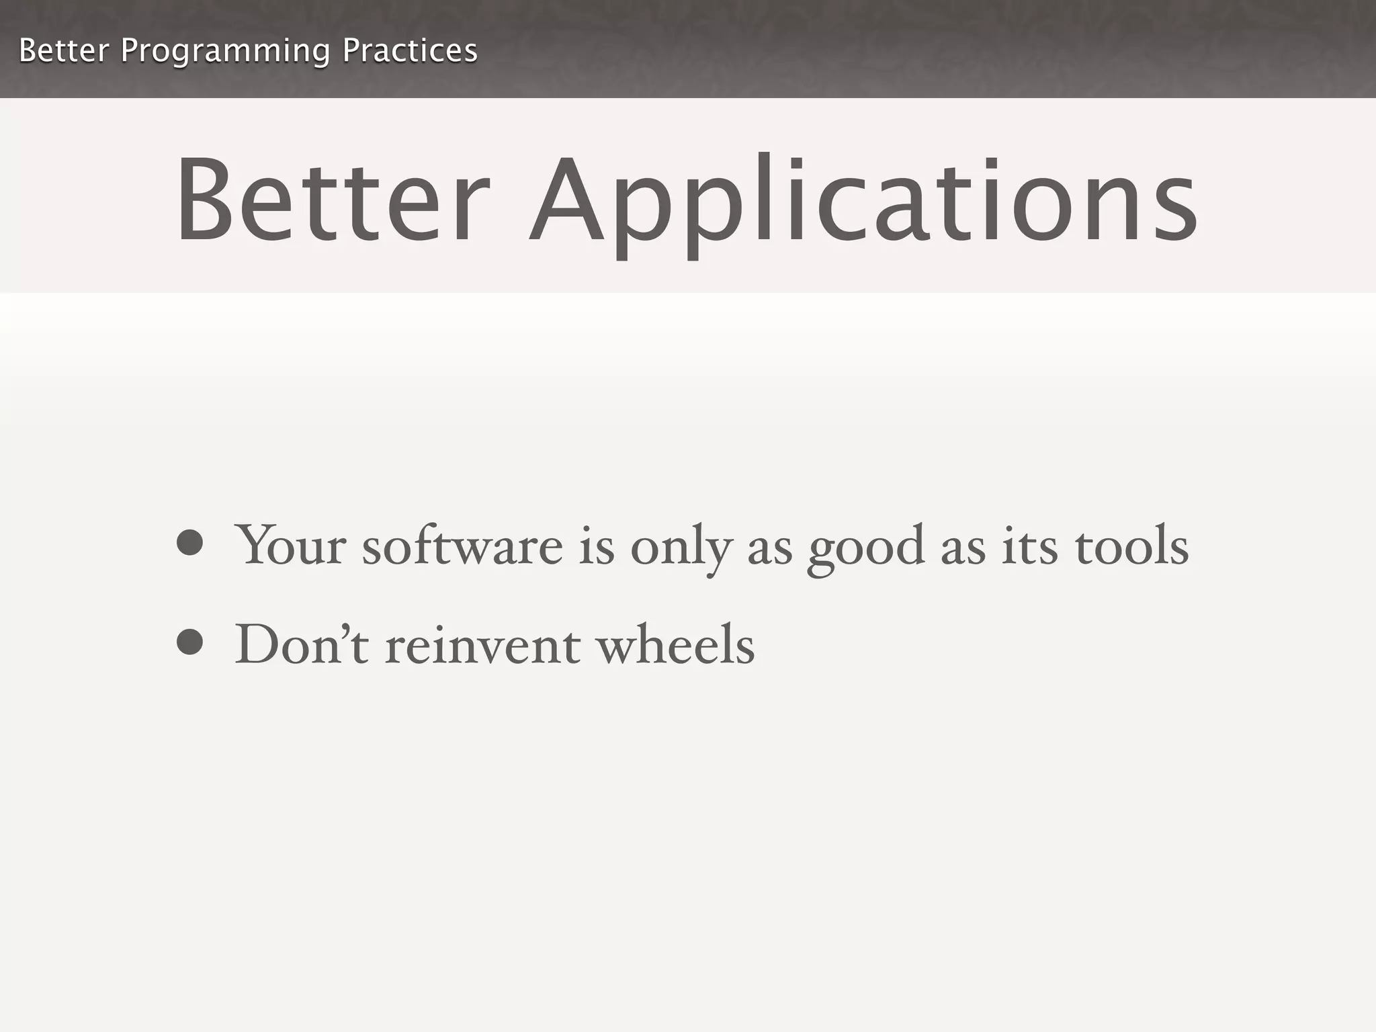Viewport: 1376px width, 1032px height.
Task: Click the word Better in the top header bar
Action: (64, 51)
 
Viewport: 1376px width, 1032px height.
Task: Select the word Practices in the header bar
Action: (410, 51)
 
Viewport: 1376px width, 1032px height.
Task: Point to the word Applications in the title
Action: (863, 202)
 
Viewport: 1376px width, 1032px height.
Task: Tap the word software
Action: (462, 544)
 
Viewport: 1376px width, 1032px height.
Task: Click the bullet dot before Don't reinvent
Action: (190, 642)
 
